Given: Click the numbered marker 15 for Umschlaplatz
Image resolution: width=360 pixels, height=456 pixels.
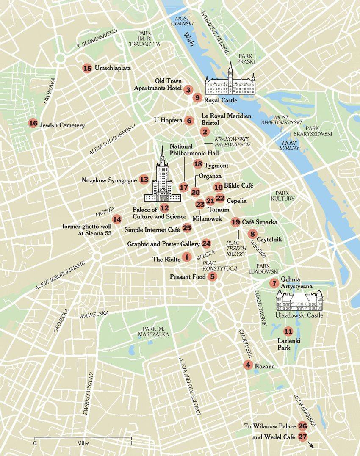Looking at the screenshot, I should coord(88,68).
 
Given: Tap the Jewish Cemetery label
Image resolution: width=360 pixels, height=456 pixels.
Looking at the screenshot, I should coord(62,125).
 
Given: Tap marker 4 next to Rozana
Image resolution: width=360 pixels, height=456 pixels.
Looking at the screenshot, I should coord(248,365).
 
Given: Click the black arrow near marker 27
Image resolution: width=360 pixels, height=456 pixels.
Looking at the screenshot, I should coord(312,445).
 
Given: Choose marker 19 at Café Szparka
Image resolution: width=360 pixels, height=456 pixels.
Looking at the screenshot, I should coord(235,221).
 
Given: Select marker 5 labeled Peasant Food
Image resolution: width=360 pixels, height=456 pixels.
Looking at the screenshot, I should coord(213,276).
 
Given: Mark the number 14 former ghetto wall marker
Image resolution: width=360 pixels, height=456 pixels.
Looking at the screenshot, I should coord(117,219).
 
